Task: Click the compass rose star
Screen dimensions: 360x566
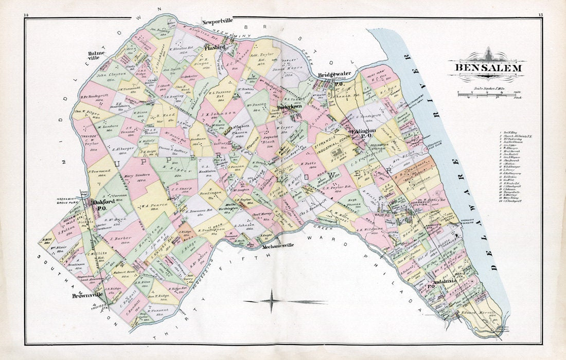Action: point(271,301)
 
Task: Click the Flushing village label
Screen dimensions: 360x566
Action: point(215,47)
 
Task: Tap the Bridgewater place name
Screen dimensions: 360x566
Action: point(334,74)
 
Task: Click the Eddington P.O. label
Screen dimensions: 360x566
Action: point(365,134)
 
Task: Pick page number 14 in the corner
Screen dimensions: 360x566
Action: point(26,15)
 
